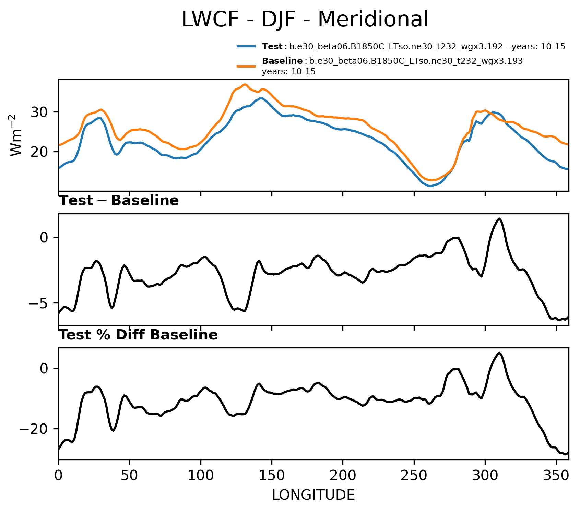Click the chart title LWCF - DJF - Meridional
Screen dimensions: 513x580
[x=305, y=20]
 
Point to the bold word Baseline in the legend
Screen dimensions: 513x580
[x=282, y=61]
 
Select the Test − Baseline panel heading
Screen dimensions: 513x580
[x=119, y=201]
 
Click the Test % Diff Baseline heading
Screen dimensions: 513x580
[x=139, y=335]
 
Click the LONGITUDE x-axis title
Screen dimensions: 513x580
[x=313, y=495]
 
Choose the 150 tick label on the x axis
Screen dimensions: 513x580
[x=272, y=476]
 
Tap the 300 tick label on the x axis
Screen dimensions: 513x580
[x=485, y=476]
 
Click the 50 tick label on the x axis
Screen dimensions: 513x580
[x=129, y=476]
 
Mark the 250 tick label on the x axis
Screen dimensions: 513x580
[x=414, y=476]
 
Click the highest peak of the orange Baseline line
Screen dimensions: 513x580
[x=245, y=84]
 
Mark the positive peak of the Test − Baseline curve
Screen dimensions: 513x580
[x=499, y=219]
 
